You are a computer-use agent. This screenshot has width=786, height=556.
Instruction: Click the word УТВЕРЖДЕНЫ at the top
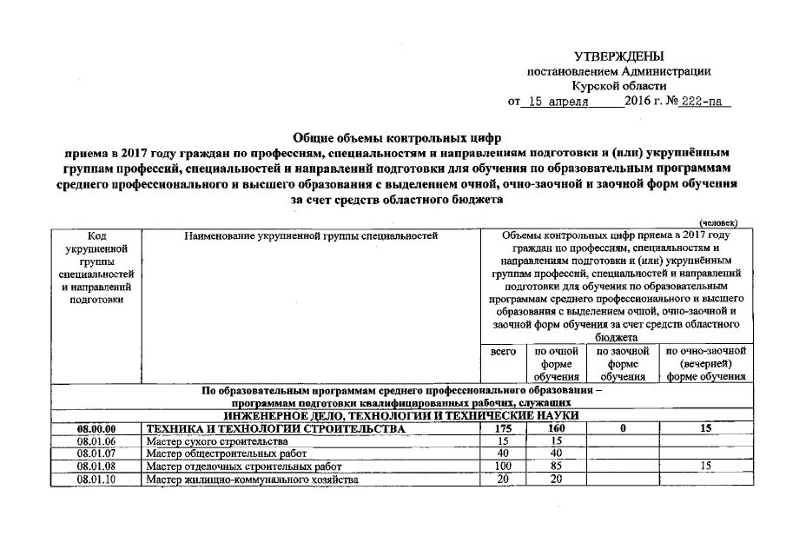pos(618,56)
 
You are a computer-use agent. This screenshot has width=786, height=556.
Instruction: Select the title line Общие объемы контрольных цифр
pos(397,136)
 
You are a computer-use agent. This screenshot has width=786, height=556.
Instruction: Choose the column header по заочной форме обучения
pos(624,364)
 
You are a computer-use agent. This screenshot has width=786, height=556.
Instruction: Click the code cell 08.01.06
pos(96,441)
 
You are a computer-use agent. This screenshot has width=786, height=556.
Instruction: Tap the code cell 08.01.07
pos(96,453)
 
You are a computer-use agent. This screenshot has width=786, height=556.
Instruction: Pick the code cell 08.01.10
pos(96,479)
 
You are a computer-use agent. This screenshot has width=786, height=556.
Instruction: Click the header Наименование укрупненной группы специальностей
pos(310,235)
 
